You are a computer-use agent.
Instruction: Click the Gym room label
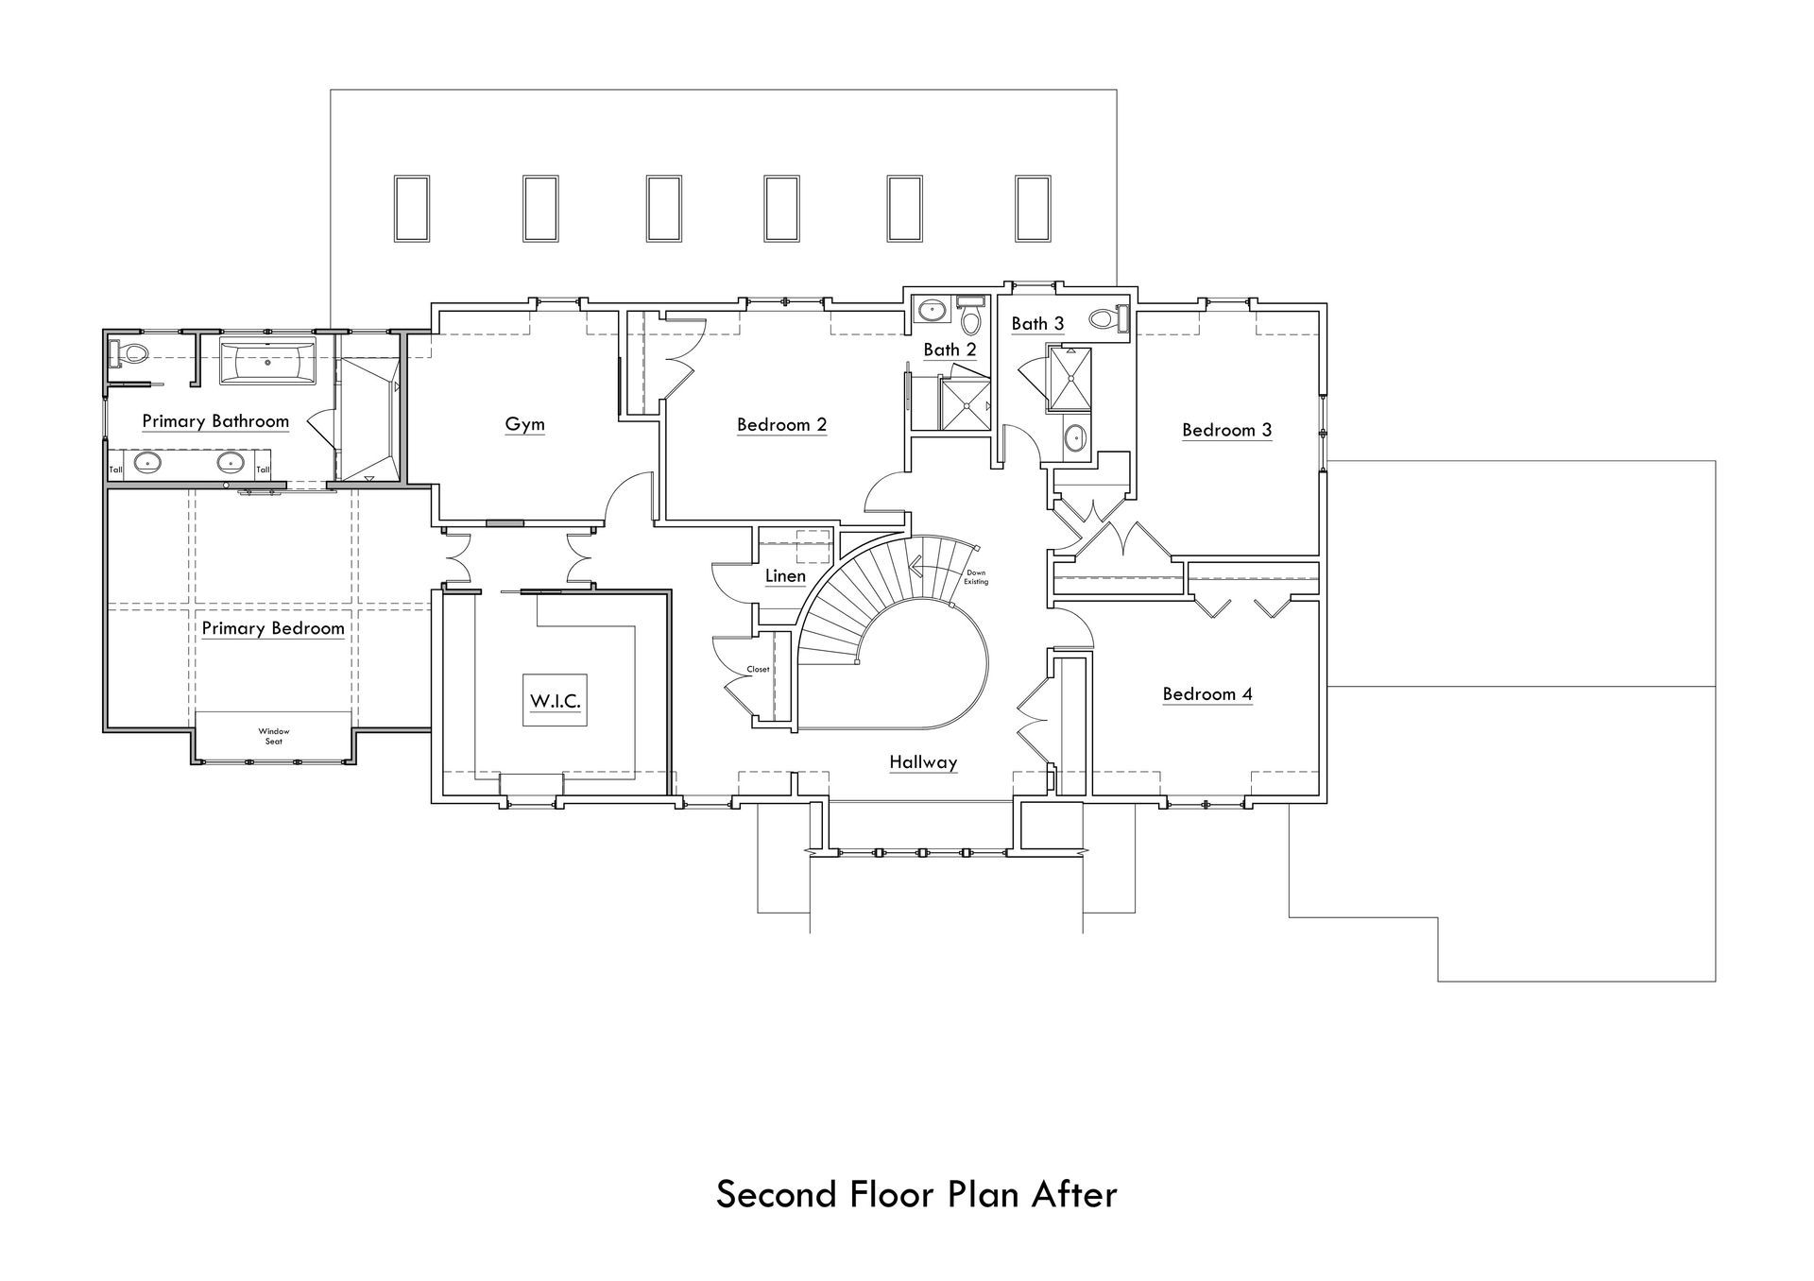(524, 424)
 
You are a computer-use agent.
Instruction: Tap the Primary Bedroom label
(273, 628)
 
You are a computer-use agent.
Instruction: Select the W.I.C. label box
(555, 700)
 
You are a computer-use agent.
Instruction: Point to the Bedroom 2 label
(781, 425)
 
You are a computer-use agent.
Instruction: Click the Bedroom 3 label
(1227, 430)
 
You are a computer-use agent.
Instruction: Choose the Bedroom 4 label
(1207, 694)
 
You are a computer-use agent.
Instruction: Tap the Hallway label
(923, 762)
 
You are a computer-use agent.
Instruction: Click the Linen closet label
(785, 576)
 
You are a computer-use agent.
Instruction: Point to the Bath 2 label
(950, 350)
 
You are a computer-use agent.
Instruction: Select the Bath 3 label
(1037, 324)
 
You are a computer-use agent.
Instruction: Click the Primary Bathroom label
(215, 421)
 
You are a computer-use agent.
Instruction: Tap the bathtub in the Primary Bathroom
(266, 362)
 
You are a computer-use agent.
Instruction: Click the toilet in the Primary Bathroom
(128, 355)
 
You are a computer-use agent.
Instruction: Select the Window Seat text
(274, 736)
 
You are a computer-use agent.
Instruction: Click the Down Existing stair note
(976, 577)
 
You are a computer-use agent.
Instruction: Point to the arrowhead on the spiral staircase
(915, 567)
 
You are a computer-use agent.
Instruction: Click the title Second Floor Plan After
(916, 1194)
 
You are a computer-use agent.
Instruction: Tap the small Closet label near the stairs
(758, 669)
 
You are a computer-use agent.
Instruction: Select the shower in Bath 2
(966, 404)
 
